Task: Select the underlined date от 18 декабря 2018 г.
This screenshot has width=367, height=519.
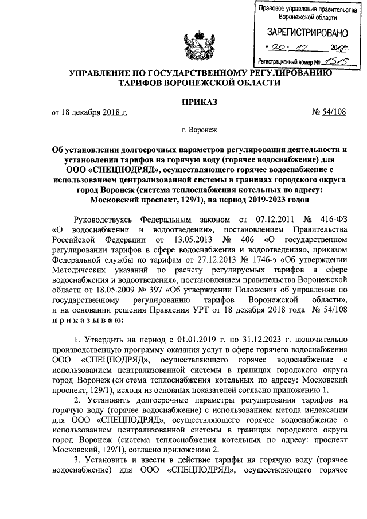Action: [89, 112]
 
